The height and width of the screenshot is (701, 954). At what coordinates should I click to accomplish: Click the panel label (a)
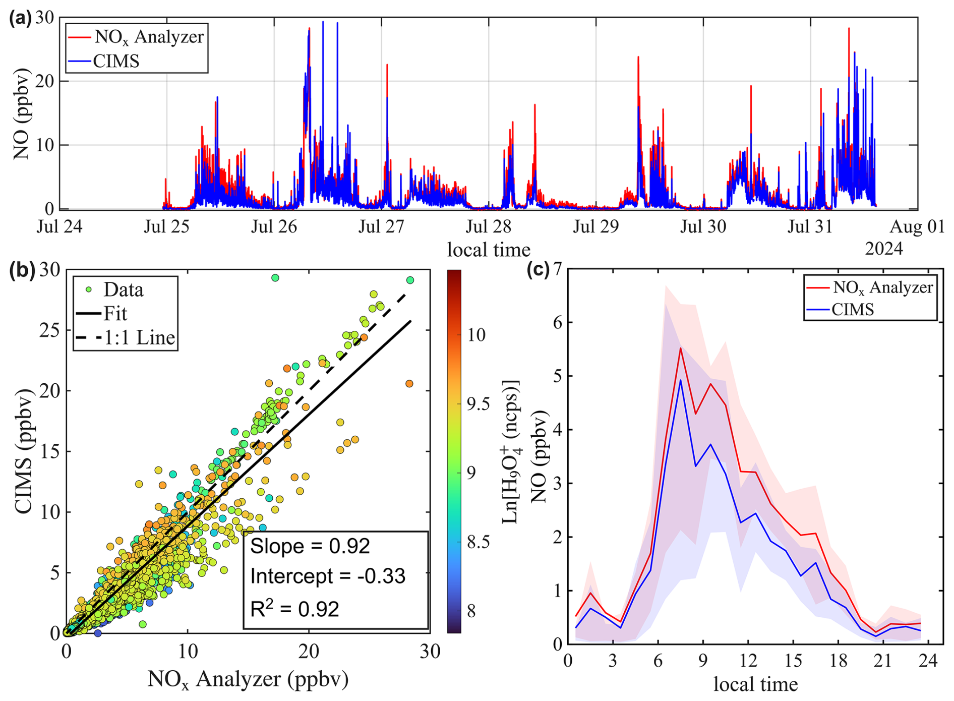click(x=20, y=19)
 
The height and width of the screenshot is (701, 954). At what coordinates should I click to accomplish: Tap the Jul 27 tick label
click(x=381, y=227)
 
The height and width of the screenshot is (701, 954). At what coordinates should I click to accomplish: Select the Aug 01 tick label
click(x=917, y=227)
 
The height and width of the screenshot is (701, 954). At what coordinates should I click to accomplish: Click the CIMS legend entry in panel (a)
click(x=116, y=61)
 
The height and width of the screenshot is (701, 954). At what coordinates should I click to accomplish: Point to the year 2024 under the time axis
click(x=883, y=249)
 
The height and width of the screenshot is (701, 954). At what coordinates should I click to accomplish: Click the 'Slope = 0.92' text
click(x=310, y=546)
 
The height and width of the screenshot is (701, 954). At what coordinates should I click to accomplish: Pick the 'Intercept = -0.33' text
click(x=328, y=576)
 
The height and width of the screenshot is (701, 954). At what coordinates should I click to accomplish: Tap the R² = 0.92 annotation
click(x=294, y=609)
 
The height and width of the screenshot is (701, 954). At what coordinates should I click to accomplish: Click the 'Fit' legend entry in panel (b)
click(x=115, y=314)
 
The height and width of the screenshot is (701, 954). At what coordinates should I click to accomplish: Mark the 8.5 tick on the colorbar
click(x=476, y=542)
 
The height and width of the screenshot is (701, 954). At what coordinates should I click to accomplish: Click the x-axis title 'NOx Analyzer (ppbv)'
click(x=248, y=679)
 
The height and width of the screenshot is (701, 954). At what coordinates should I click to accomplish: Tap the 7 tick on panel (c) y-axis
click(x=557, y=269)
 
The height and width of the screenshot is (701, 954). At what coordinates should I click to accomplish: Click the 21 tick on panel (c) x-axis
click(x=883, y=661)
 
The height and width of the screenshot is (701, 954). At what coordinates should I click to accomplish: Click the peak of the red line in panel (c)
click(x=680, y=348)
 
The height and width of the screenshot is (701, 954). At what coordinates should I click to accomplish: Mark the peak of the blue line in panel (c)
click(x=680, y=380)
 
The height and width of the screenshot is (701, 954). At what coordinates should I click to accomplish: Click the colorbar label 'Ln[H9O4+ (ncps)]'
click(x=511, y=451)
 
